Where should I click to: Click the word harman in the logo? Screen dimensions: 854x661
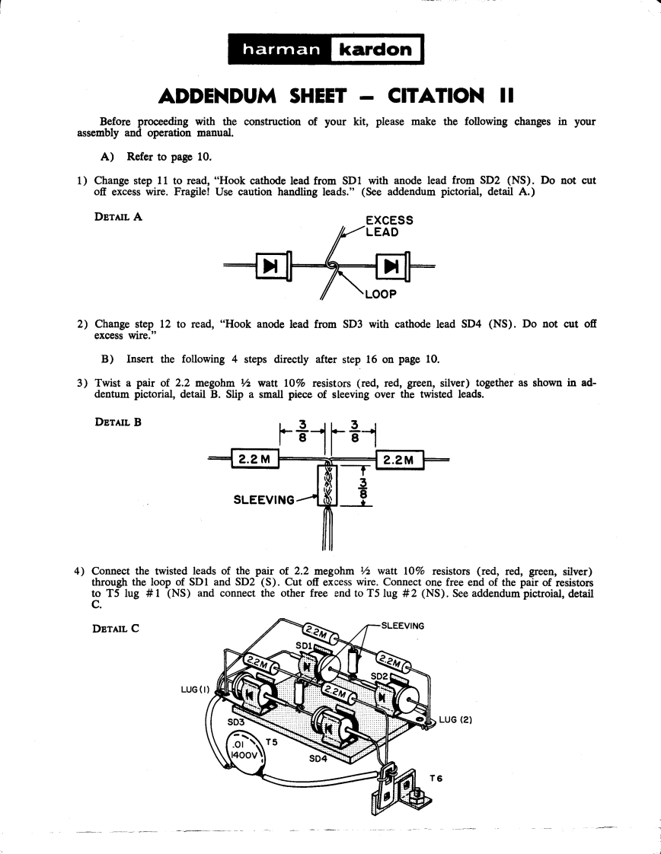coord(280,51)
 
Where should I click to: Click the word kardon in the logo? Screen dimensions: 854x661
coord(375,51)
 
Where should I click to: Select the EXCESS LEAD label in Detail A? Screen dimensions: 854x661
coord(389,226)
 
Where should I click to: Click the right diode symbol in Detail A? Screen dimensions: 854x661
coord(392,266)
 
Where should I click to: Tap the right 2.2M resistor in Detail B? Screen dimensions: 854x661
coord(398,460)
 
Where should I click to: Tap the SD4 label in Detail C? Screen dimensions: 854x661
coord(318,759)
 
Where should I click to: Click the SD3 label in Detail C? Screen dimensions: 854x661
coord(237,721)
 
